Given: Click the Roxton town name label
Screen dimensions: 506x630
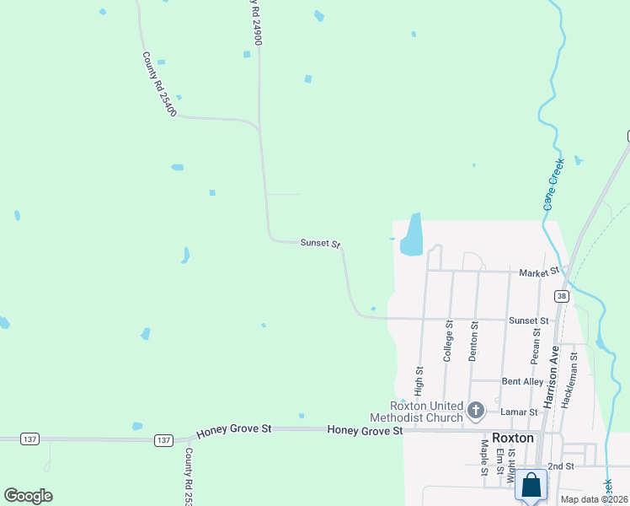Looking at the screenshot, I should [x=513, y=439].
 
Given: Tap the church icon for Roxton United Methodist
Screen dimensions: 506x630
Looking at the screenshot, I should [x=475, y=411].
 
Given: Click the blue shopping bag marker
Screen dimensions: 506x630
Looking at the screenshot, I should [x=531, y=486].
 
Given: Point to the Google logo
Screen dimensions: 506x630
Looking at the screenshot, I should [x=28, y=496].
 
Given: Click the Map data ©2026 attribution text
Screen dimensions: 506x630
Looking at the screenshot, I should [x=595, y=499].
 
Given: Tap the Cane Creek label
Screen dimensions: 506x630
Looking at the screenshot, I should [x=553, y=182].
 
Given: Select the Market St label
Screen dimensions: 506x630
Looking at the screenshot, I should [x=539, y=272].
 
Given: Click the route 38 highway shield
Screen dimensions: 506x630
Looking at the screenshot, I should [x=560, y=296].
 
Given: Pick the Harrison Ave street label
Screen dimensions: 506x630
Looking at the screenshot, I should [x=552, y=378].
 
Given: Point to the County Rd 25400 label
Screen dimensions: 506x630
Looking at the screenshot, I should [x=159, y=84].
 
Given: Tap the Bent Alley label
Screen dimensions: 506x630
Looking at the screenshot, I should [x=522, y=381].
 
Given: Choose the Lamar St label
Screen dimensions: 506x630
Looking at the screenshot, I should [x=521, y=412].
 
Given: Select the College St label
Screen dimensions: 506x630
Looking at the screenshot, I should [x=449, y=342].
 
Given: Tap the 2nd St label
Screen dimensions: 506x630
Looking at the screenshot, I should [x=560, y=466].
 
